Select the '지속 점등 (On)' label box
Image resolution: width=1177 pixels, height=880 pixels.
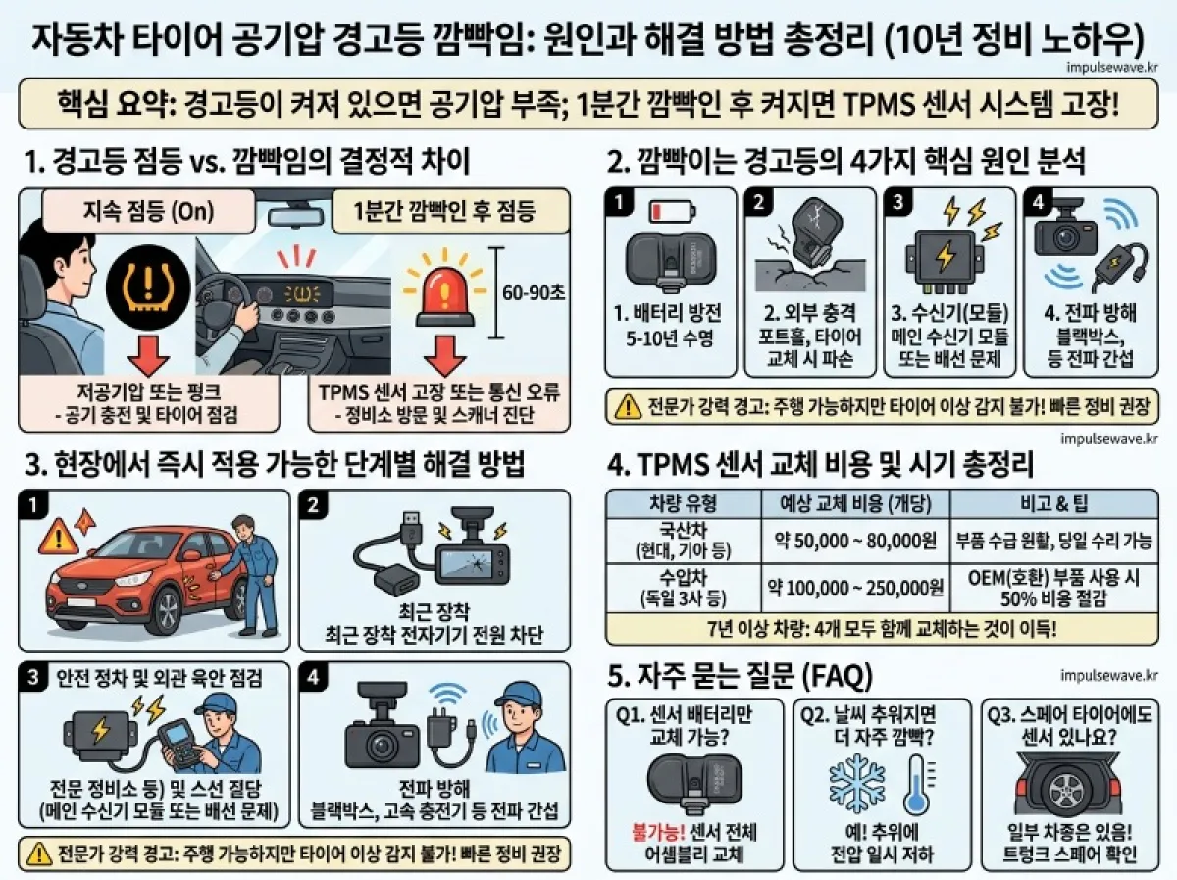pyautogui.click(x=145, y=210)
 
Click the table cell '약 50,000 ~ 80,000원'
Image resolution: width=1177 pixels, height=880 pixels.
pyautogui.click(x=855, y=541)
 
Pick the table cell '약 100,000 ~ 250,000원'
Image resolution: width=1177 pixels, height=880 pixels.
pyautogui.click(x=855, y=588)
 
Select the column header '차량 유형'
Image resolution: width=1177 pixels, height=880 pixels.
pyautogui.click(x=684, y=504)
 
